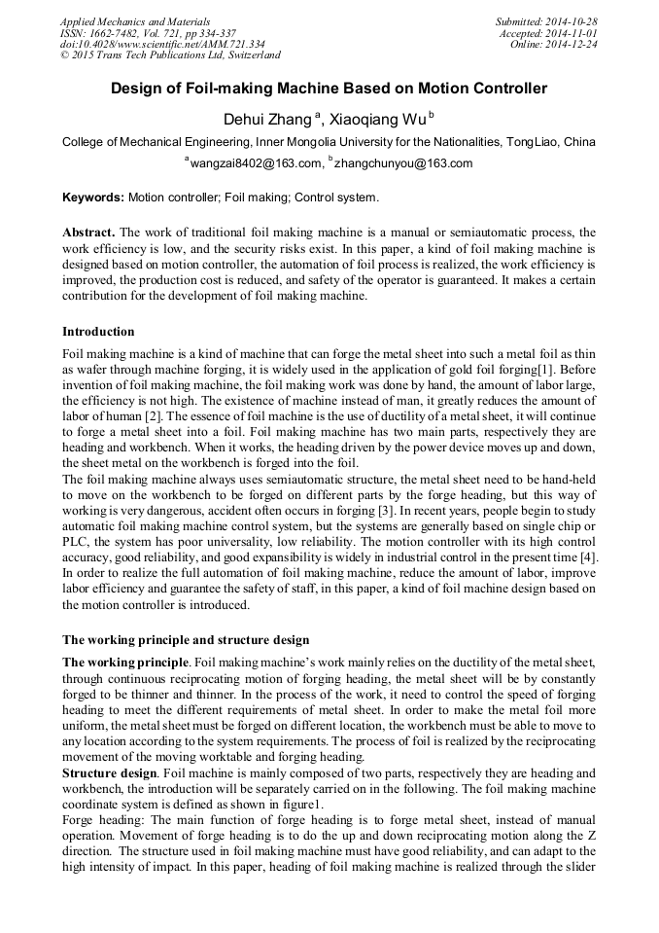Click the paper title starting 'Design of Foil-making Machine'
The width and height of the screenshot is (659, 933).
[329, 89]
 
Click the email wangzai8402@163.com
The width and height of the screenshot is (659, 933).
[256, 163]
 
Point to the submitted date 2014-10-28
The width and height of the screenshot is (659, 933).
[569, 21]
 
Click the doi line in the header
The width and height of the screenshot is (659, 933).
[162, 45]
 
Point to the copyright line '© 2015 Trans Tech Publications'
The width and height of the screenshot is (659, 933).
[170, 56]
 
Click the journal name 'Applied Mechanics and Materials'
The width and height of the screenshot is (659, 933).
[135, 21]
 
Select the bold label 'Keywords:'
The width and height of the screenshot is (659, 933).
[93, 197]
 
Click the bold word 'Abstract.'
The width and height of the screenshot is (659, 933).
[88, 233]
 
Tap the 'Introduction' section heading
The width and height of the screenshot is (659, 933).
[98, 332]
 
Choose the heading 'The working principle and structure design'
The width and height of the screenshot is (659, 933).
[186, 639]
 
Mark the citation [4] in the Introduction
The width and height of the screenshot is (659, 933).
[588, 556]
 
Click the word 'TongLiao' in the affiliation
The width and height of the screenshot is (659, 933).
[533, 142]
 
